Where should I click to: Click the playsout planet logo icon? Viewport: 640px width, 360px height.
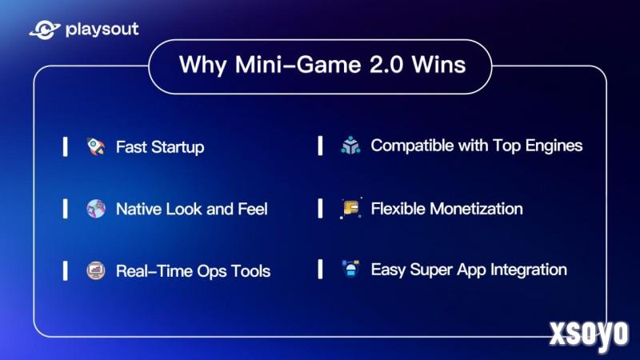[x=45, y=30]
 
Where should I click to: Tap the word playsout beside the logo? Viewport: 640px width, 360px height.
[x=102, y=30]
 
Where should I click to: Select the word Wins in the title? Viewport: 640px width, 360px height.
[x=438, y=65]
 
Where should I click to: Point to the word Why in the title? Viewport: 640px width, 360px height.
[x=202, y=66]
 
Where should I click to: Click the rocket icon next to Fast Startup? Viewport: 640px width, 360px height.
[x=96, y=146]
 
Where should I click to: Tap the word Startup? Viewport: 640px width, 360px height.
[x=178, y=147]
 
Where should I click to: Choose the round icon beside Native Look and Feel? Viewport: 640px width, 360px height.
[x=96, y=209]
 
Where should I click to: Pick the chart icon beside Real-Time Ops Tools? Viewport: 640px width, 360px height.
[x=96, y=270]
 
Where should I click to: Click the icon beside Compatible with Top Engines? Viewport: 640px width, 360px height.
[x=350, y=146]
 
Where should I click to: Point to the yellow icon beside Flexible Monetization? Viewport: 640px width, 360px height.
[x=350, y=208]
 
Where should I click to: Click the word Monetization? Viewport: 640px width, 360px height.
[x=476, y=209]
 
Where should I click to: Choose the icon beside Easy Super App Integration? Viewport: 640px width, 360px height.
[x=350, y=269]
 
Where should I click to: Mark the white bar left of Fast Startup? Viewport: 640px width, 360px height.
[x=66, y=146]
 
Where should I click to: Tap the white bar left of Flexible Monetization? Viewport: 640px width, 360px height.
[x=321, y=208]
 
